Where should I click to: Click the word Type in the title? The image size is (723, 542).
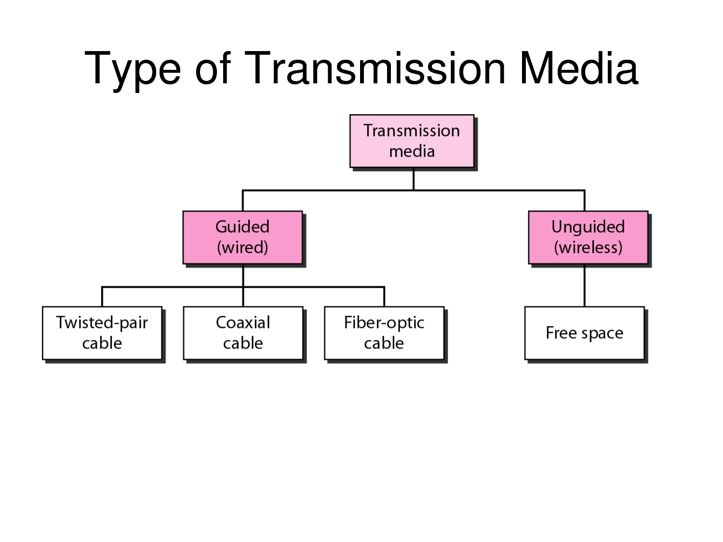(133, 69)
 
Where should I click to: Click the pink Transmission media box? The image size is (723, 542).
(412, 141)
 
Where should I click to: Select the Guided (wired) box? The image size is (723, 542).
(243, 237)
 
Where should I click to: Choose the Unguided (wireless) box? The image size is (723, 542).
(588, 237)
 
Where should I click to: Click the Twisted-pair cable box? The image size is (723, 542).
(102, 333)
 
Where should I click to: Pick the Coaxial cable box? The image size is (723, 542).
(243, 333)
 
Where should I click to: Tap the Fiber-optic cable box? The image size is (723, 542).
(384, 333)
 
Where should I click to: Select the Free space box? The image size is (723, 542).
(584, 333)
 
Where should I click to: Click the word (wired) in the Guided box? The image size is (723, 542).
(242, 248)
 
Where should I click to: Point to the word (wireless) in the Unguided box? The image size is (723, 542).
(588, 248)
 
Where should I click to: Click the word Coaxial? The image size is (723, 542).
(243, 322)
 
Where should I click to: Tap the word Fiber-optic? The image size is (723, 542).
(384, 322)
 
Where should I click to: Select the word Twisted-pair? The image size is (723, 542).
(102, 322)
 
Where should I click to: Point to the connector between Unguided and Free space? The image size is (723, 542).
(584, 285)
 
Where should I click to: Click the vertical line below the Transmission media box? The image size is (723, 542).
(414, 179)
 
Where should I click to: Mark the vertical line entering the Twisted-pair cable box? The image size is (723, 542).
(102, 297)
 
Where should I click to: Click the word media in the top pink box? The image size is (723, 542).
(412, 151)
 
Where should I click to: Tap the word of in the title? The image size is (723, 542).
(213, 68)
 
